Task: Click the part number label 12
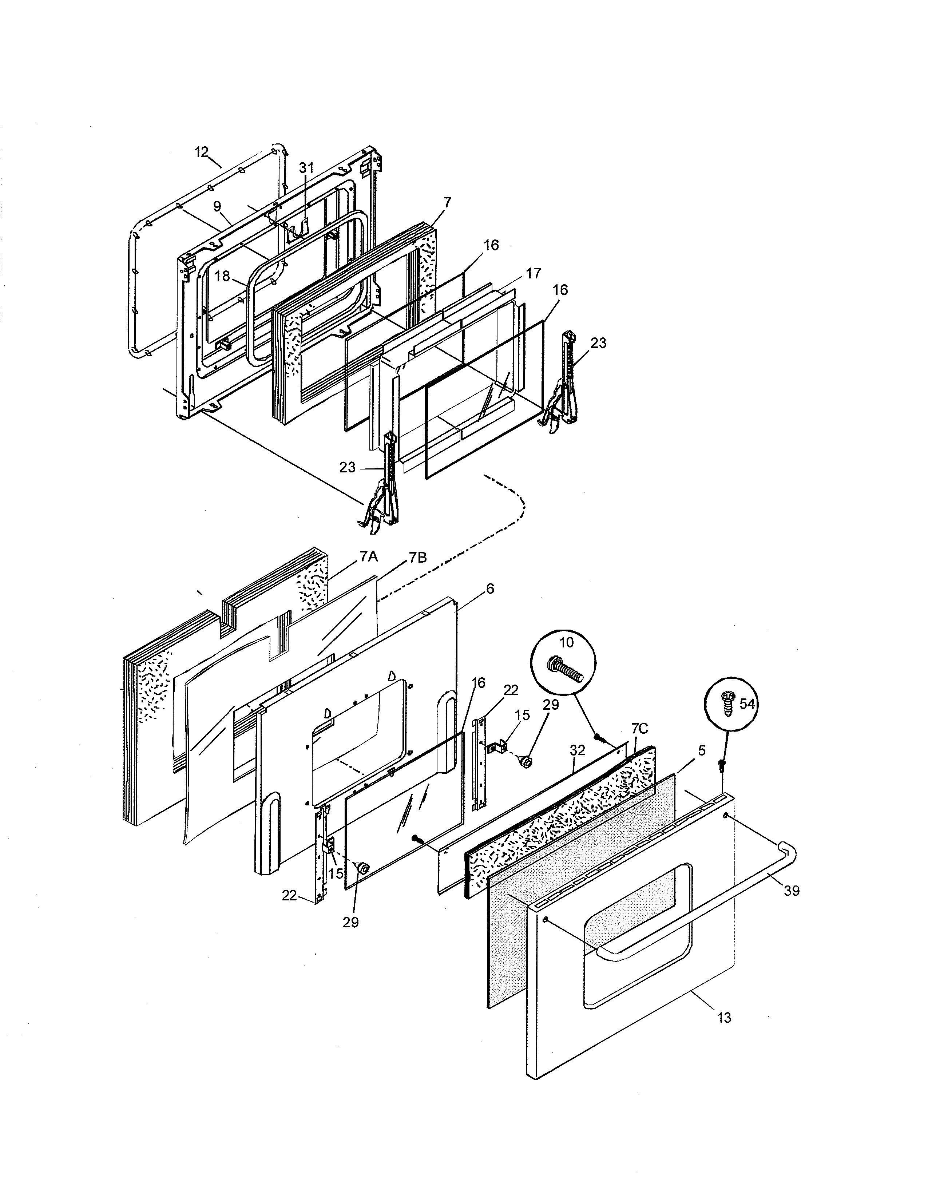202,152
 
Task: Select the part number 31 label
306,168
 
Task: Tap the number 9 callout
217,206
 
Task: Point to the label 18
222,276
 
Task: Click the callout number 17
533,273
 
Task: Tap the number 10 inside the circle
566,643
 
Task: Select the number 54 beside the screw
746,704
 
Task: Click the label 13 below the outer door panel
725,1018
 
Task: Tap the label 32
577,750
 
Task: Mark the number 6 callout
490,589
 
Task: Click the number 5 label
702,750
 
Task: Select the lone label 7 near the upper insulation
447,202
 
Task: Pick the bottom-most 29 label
351,923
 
